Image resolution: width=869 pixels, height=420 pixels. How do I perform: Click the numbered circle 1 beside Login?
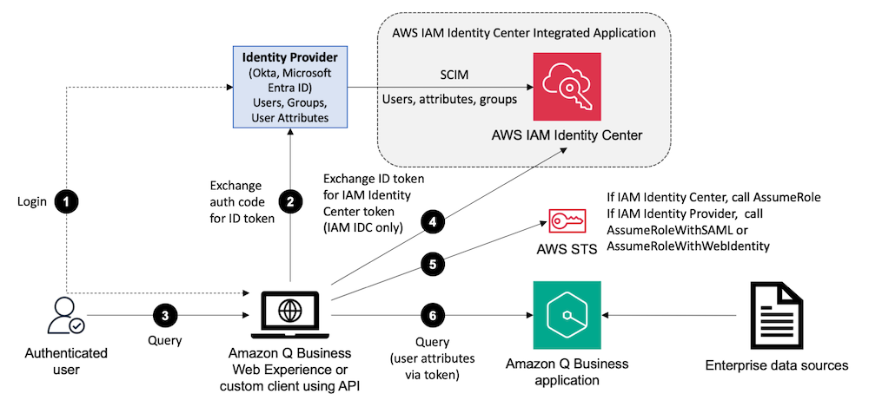click(x=67, y=201)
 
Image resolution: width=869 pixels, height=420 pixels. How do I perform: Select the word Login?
click(x=31, y=201)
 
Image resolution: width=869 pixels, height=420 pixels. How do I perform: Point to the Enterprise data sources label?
click(x=776, y=365)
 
